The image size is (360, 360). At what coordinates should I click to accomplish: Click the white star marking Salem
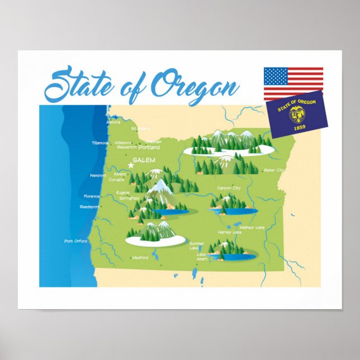(x=132, y=165)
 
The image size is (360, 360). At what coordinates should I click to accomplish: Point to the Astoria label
(x=113, y=122)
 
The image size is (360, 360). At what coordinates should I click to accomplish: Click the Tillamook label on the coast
(x=101, y=143)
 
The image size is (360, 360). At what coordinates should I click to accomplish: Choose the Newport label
(x=98, y=175)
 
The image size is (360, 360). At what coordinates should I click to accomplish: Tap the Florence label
(x=92, y=196)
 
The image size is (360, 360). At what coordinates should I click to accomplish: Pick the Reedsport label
(x=89, y=206)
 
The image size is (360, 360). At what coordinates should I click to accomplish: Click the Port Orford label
(x=76, y=241)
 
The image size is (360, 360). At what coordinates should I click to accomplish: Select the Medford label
(x=140, y=258)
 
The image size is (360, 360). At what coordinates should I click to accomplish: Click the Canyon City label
(x=229, y=188)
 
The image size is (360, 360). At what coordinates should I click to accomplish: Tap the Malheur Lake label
(x=252, y=227)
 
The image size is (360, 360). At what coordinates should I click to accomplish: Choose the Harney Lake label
(x=229, y=232)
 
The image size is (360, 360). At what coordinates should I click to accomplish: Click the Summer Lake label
(x=197, y=245)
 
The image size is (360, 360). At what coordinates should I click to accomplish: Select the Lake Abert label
(x=201, y=257)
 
